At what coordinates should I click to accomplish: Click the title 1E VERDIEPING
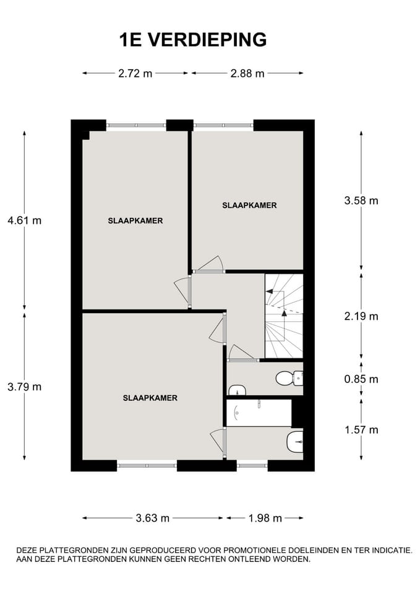tap(192, 40)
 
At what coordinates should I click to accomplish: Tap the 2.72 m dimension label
tap(135, 74)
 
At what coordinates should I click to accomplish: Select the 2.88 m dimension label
tap(247, 74)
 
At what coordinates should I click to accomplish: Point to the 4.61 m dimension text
tap(24, 220)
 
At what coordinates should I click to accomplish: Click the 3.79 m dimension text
tap(24, 387)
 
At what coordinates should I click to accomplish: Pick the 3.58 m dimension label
tap(361, 200)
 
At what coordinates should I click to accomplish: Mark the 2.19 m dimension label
tap(361, 316)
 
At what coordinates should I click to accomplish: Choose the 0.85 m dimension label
tap(361, 379)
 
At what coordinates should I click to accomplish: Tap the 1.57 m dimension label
tap(361, 429)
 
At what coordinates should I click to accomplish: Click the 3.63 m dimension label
tap(152, 518)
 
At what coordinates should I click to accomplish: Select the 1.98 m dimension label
tap(265, 518)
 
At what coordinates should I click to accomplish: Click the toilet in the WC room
tap(288, 377)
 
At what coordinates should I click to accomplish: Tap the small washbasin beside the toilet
tap(237, 390)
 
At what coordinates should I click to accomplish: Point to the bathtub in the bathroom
tap(259, 413)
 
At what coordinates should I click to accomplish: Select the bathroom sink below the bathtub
tap(294, 441)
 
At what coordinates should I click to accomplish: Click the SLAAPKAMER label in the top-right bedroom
tap(249, 205)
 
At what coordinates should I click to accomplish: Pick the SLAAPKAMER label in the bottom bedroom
tap(150, 398)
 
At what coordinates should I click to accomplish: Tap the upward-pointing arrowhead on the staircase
tap(284, 313)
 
